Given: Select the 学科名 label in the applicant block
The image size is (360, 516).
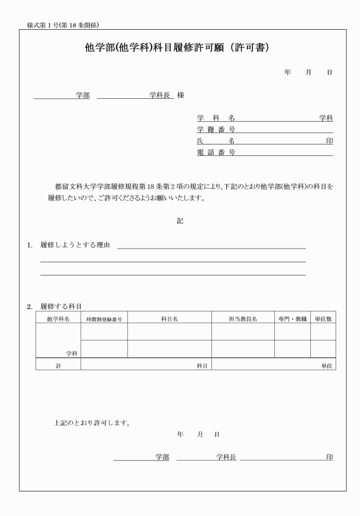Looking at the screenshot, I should click(216, 118).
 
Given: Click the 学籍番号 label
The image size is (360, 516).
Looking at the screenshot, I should click(216, 130).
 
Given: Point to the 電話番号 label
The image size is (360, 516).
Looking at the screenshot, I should click(216, 153).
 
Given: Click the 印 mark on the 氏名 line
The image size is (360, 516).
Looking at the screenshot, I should click(329, 141).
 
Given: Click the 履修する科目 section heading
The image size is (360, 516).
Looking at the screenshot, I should click(61, 307).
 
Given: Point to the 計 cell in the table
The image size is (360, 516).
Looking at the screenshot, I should click(58, 365).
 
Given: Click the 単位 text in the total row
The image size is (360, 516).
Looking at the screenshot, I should click(327, 365).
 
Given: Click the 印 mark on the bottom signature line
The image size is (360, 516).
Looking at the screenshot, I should click(329, 457).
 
